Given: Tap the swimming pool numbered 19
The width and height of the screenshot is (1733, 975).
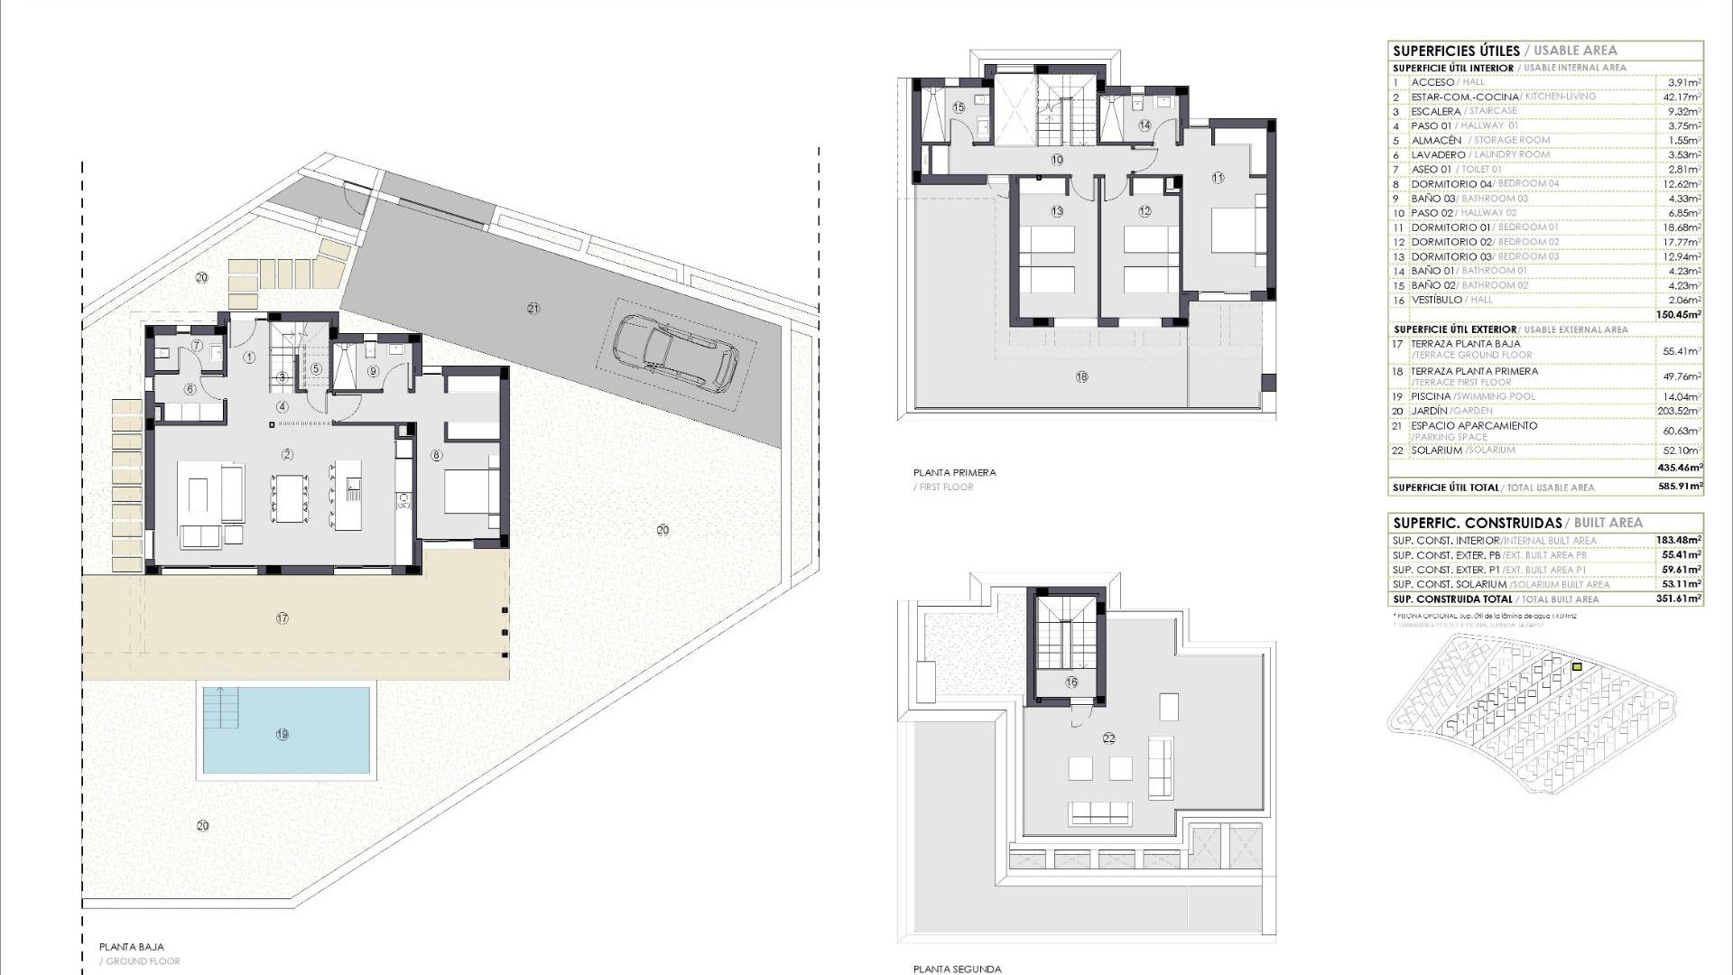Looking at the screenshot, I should click(x=285, y=731).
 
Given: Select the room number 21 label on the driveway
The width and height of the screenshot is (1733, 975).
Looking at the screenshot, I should click(x=533, y=309).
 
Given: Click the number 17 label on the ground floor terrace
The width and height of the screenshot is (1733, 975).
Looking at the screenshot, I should click(x=283, y=618).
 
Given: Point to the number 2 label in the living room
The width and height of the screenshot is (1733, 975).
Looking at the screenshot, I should click(x=288, y=454).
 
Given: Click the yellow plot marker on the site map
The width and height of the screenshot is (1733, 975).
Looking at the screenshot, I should click(x=1577, y=667).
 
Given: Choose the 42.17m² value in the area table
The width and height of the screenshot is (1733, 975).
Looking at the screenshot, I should click(x=1682, y=97).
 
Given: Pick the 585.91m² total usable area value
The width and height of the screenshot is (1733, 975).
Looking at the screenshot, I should click(x=1680, y=487).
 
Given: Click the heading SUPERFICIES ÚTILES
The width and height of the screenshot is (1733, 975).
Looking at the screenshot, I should click(x=1456, y=51).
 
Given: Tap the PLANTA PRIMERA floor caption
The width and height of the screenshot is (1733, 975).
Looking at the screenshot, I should click(x=954, y=472).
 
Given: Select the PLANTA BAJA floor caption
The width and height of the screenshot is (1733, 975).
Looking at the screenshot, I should click(x=132, y=947).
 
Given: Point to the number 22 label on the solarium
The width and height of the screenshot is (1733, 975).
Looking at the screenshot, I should click(x=1108, y=738).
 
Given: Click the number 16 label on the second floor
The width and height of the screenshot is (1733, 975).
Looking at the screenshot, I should click(x=1071, y=682).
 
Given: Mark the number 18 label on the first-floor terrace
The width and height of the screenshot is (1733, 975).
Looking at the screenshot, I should click(x=1081, y=377).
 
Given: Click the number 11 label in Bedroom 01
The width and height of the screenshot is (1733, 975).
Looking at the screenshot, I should click(x=1218, y=178).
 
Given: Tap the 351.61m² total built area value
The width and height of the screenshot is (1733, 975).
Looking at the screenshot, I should click(x=1680, y=599).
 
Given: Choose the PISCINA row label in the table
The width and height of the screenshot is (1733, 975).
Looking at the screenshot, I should click(x=1431, y=396).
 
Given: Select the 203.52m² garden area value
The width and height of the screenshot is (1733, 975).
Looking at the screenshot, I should click(x=1682, y=411).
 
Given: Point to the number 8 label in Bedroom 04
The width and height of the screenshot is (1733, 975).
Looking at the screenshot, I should click(x=437, y=456).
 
